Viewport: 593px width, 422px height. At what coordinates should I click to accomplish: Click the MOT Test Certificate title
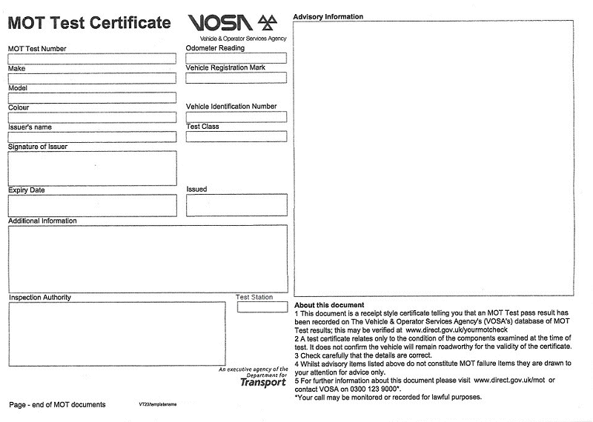pyautogui.click(x=89, y=22)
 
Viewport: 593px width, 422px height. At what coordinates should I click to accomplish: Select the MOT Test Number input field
pyautogui.click(x=92, y=58)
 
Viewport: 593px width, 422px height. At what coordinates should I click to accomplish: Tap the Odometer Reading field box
pyautogui.click(x=236, y=58)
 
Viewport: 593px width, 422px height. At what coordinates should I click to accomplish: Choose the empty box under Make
pyautogui.click(x=92, y=78)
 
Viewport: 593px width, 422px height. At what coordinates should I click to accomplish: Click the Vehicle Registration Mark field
pyautogui.click(x=236, y=78)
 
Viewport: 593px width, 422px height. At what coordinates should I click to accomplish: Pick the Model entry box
pyautogui.click(x=92, y=97)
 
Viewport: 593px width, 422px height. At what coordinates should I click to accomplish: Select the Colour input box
pyautogui.click(x=92, y=117)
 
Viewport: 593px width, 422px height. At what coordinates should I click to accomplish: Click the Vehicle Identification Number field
pyautogui.click(x=236, y=117)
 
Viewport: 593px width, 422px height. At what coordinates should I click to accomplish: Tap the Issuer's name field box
pyautogui.click(x=92, y=136)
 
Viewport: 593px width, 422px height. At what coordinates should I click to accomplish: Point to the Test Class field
pyautogui.click(x=236, y=136)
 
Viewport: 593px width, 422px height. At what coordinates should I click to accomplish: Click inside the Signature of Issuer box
pyautogui.click(x=92, y=168)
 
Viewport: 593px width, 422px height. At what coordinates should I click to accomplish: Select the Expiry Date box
pyautogui.click(x=92, y=205)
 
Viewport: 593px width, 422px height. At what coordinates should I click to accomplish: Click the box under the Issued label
pyautogui.click(x=236, y=205)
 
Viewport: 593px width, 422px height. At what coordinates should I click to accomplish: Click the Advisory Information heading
pyautogui.click(x=328, y=16)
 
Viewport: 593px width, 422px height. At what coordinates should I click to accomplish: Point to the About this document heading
pyautogui.click(x=329, y=305)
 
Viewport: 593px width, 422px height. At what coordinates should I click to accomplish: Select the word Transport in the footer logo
pyautogui.click(x=263, y=382)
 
